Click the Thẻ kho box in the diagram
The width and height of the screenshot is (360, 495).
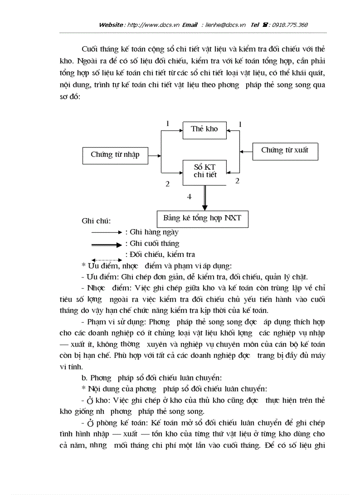click(x=204, y=130)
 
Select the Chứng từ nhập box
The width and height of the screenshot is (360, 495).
click(x=115, y=155)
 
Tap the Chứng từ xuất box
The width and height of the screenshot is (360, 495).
click(x=285, y=151)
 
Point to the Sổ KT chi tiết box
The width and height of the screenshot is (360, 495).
click(x=205, y=171)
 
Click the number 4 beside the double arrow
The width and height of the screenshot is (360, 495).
click(x=189, y=197)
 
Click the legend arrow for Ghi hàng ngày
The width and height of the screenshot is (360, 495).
click(x=106, y=232)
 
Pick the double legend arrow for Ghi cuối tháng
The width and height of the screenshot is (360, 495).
click(x=106, y=244)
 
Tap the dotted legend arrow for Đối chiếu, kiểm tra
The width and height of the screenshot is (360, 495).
click(x=106, y=260)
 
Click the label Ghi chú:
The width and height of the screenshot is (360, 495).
click(x=96, y=221)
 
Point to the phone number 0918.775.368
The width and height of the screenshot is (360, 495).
click(x=290, y=25)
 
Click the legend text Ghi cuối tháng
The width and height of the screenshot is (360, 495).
click(x=154, y=243)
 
